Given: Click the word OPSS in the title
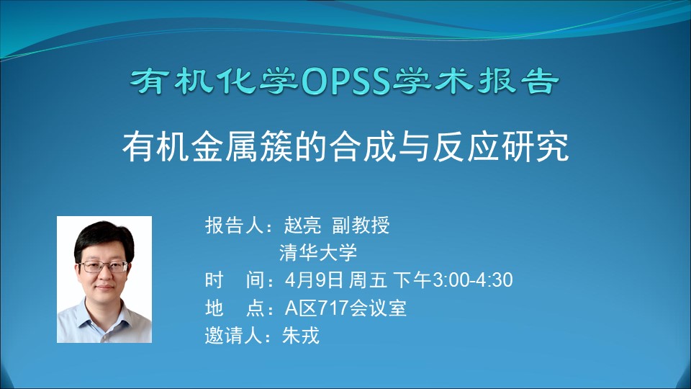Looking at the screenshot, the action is pos(346,81).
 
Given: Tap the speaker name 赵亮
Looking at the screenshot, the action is pos(302,225).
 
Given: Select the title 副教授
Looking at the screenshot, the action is pos(361,225).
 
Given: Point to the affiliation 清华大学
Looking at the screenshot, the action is pos(317,252).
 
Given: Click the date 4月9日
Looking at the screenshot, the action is pos(315,280).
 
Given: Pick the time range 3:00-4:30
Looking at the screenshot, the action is pos(473,280).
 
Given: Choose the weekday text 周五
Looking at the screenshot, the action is pos(369,280).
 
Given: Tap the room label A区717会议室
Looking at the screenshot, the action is pos(345,308).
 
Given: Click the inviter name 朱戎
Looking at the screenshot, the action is pos(301,336).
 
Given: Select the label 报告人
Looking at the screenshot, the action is pos(234,225).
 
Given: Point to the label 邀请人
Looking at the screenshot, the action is pos(234,336).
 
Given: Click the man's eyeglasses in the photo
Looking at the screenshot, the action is pos(102,267).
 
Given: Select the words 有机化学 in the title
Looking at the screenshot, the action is pos(215,81).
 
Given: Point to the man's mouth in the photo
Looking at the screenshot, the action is pos(104,287).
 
